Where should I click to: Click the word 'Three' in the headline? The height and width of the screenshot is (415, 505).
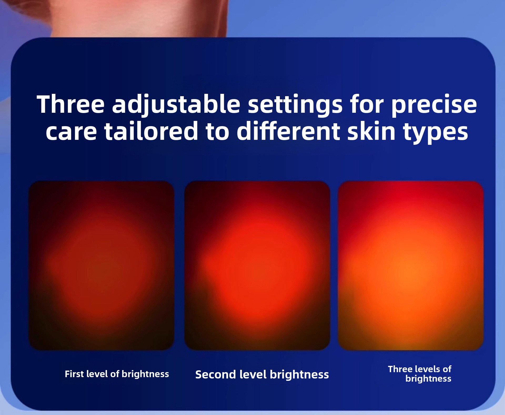[71, 104]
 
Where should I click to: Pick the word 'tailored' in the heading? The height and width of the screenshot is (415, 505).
[151, 131]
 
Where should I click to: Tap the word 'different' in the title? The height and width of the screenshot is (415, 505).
[288, 131]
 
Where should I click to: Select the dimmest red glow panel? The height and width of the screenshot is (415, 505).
[101, 265]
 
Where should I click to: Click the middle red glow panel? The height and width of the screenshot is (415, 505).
[257, 265]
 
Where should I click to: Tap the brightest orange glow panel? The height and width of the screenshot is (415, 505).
[411, 265]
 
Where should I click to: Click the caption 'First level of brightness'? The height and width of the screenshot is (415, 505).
[117, 374]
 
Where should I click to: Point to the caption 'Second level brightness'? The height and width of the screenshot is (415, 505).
[262, 375]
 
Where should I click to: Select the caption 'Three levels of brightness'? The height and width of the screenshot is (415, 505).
[420, 374]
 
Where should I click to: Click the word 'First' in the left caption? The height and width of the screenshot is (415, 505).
[74, 374]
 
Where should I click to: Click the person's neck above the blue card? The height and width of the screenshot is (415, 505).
[137, 18]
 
